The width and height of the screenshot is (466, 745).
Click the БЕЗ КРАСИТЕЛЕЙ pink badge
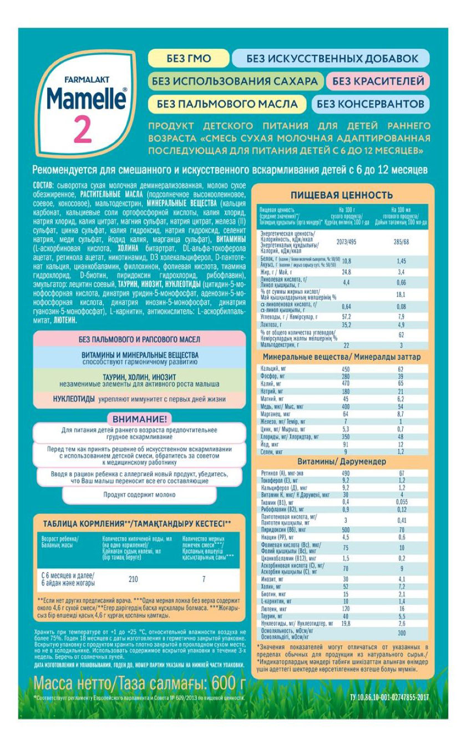[378, 81]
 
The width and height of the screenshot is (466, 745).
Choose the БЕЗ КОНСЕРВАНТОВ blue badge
[371, 103]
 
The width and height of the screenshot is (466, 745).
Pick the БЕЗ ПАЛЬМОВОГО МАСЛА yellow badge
[227, 104]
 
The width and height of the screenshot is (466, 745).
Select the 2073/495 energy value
[346, 242]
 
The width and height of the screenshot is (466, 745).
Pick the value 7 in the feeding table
[204, 579]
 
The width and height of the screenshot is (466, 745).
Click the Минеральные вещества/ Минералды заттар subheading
[341, 358]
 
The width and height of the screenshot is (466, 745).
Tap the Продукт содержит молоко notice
[139, 494]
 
